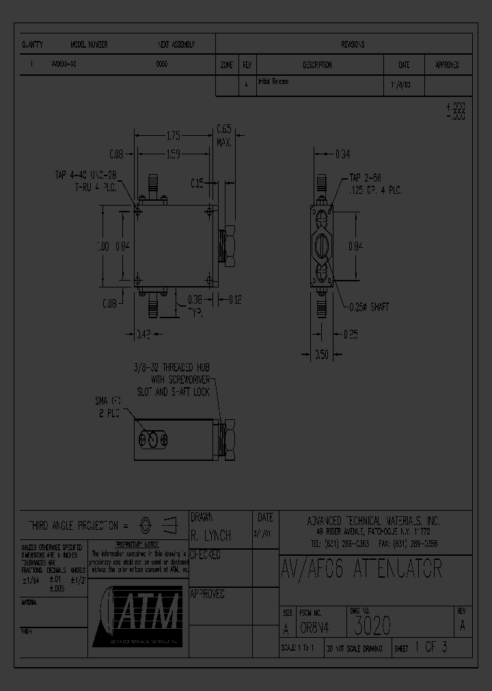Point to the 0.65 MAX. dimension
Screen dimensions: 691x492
pyautogui.click(x=224, y=134)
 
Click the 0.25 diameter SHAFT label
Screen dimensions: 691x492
pyautogui.click(x=369, y=307)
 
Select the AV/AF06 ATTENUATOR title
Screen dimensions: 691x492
pyautogui.click(x=361, y=569)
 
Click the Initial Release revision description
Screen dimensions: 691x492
pyautogui.click(x=273, y=82)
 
